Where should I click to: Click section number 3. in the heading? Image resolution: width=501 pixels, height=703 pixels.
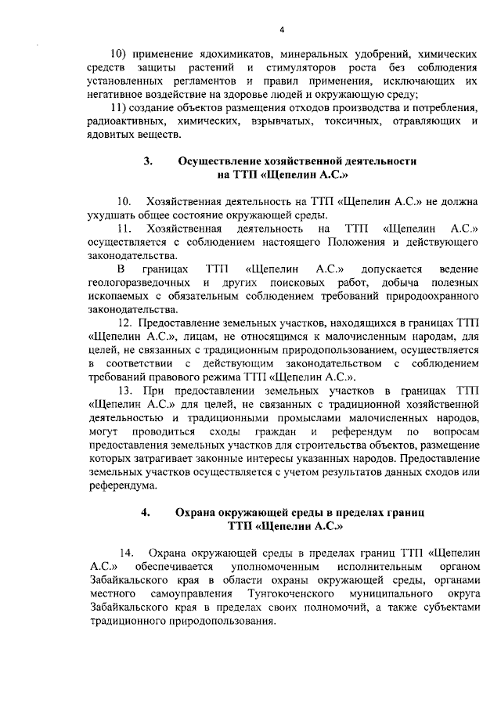[148, 161]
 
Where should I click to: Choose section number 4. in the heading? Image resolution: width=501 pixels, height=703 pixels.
[146, 510]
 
